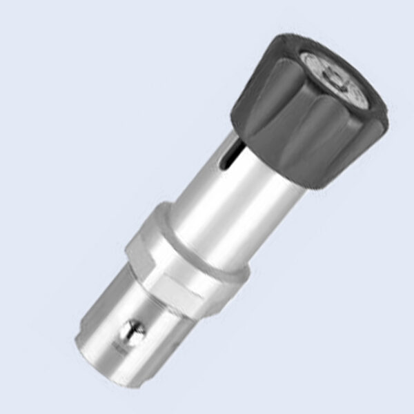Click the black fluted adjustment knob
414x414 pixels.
click(x=297, y=117)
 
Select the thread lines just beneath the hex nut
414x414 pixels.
click(x=172, y=304)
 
